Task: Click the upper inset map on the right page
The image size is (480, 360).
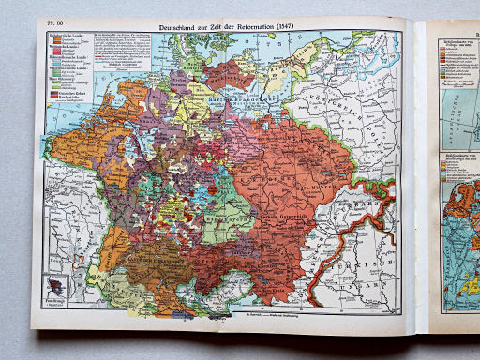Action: tap(460, 94)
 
